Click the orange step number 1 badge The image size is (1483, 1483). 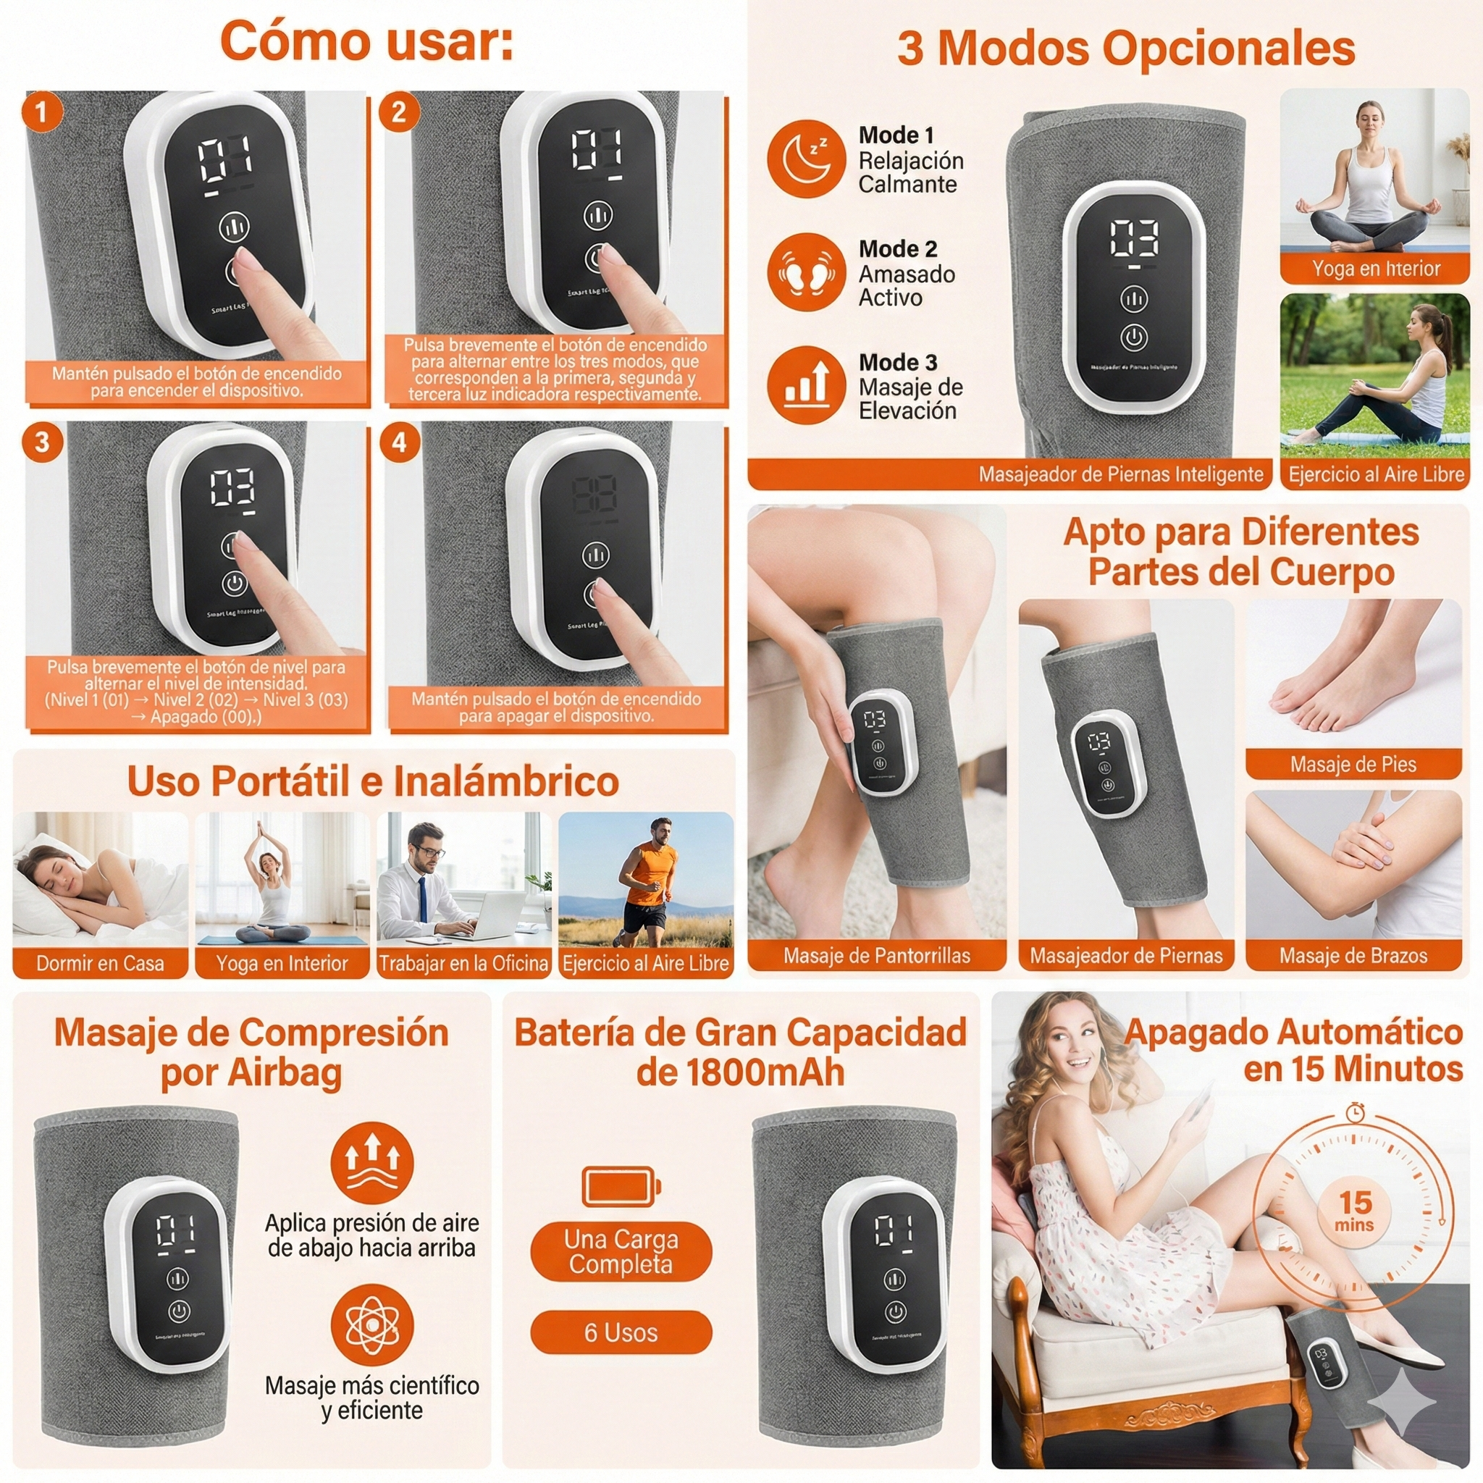(x=41, y=112)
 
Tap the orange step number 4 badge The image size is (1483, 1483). (x=399, y=442)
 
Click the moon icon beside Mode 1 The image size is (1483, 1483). (x=805, y=158)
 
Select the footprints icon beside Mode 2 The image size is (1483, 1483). (x=805, y=272)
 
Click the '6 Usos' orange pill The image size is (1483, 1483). (x=621, y=1332)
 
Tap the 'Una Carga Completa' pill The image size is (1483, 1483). (x=621, y=1251)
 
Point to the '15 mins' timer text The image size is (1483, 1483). (x=1355, y=1211)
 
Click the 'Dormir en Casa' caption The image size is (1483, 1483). (x=100, y=963)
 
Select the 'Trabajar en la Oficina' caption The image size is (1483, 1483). (x=463, y=963)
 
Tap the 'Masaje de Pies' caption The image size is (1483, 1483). (x=1353, y=764)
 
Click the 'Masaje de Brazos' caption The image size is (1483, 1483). (x=1353, y=956)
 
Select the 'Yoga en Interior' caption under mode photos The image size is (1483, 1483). (x=1376, y=269)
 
